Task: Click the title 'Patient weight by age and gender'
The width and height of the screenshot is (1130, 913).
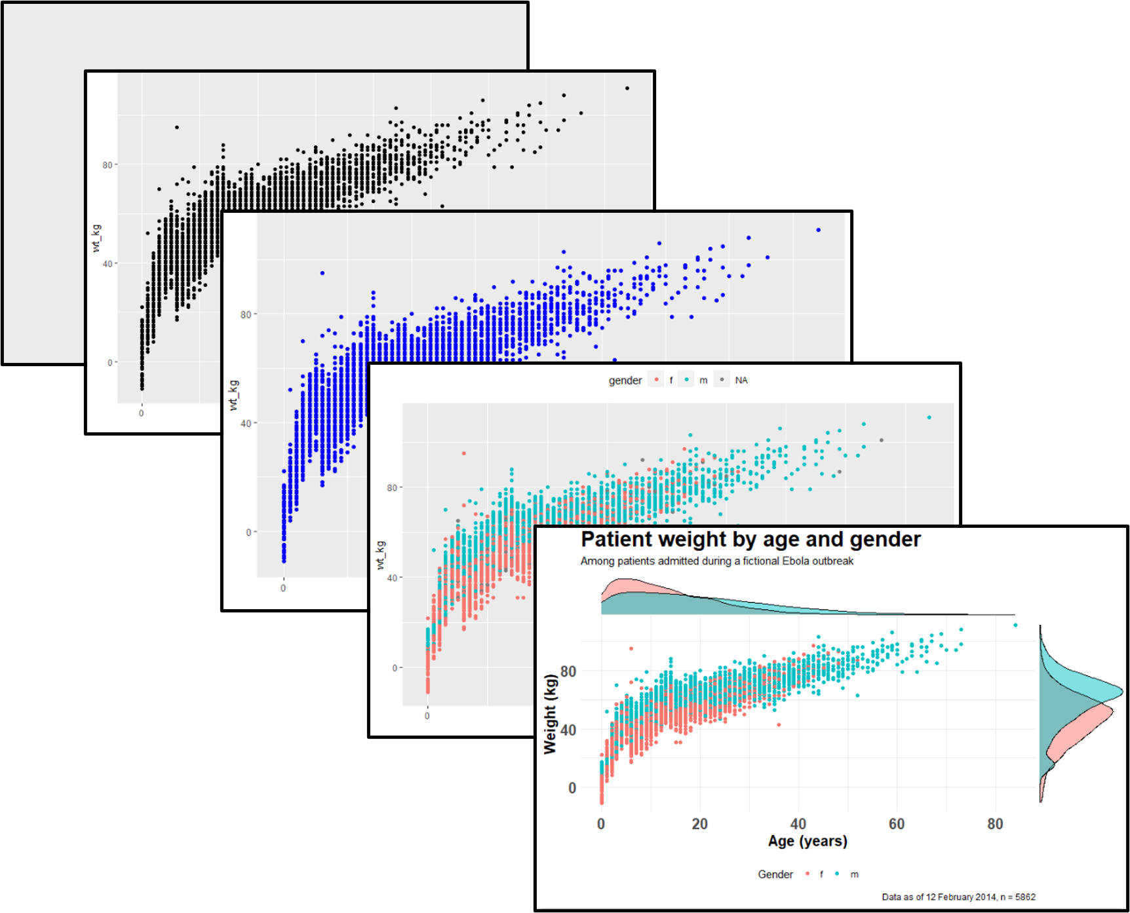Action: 750,540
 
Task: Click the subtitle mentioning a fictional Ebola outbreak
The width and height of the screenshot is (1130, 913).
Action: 716,561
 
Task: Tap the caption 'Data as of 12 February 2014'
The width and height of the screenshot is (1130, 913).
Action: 958,897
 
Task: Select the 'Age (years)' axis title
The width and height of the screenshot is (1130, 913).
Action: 808,842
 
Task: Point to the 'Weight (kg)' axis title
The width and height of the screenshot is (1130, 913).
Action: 551,715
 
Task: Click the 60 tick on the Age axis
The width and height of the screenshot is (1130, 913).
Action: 897,824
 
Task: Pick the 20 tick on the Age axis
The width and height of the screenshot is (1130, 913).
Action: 699,824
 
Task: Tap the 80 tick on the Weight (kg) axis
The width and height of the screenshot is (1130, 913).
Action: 568,671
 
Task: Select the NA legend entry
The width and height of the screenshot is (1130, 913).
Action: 741,381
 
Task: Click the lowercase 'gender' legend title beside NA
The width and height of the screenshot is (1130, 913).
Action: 625,381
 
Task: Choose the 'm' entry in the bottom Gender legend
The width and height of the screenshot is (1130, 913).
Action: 854,874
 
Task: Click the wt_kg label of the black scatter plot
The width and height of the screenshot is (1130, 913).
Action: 96,238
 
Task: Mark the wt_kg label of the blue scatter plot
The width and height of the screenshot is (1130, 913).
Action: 233,395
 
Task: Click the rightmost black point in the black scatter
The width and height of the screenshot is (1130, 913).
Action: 627,88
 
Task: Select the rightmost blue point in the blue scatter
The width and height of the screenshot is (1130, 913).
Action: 818,230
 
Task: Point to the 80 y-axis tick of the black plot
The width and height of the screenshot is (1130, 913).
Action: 107,165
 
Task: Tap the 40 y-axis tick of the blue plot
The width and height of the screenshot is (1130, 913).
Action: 246,423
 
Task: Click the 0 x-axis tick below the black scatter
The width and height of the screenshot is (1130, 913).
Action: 142,413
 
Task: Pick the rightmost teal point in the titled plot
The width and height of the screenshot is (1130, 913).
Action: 1015,625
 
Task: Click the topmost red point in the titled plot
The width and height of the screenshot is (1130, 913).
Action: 631,648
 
